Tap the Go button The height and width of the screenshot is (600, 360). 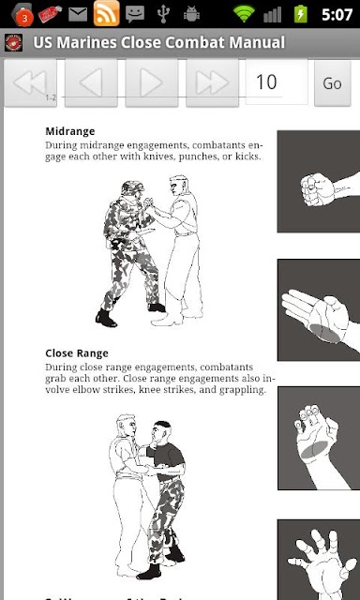pos(332,83)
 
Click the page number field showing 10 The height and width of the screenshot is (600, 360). pos(277,82)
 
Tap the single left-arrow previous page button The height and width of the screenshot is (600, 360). pos(91,82)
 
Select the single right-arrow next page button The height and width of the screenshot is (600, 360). pos(152,82)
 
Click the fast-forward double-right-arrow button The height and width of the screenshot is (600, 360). pos(212,82)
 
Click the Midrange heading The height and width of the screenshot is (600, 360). pos(70,131)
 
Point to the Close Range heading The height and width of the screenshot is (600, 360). pos(77,352)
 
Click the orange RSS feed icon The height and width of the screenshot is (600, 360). pos(106,13)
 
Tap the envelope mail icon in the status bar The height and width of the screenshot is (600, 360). pos(78,15)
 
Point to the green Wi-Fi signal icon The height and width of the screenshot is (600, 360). pos(244,14)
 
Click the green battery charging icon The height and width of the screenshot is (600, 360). pos(300,15)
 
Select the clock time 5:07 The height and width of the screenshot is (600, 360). pos(337,15)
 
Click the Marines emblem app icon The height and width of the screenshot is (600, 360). pos(14,42)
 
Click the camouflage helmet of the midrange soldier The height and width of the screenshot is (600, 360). pos(132,188)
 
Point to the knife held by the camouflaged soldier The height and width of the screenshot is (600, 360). pos(144,232)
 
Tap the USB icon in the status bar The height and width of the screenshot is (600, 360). pos(164,14)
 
